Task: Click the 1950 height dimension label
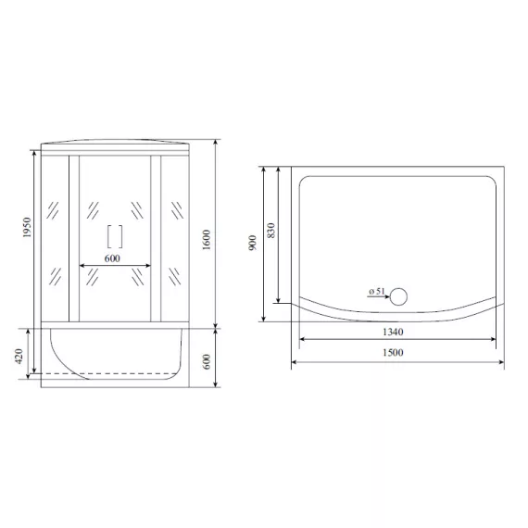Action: (x=27, y=228)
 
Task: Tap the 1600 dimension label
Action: (x=207, y=239)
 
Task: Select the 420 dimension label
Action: (x=19, y=357)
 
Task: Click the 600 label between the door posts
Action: (x=112, y=258)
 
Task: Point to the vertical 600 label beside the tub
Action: (x=207, y=361)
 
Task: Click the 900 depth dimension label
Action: (x=252, y=243)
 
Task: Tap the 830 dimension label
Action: (x=271, y=231)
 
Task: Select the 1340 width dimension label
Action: (x=393, y=332)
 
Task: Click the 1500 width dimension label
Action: (x=393, y=353)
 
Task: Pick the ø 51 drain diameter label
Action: (x=376, y=291)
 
